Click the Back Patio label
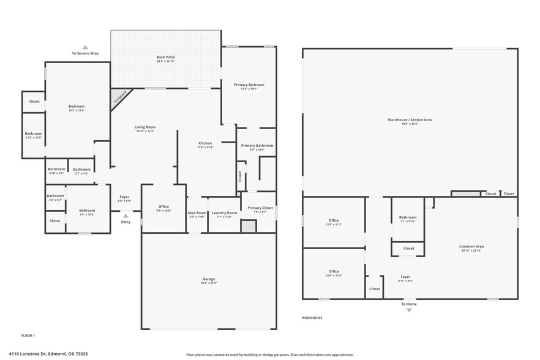[165, 58]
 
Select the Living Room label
[145, 127]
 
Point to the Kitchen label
[204, 143]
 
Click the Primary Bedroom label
[249, 85]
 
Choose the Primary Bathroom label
[256, 146]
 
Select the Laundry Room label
[224, 214]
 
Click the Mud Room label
[197, 214]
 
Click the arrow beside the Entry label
[126, 216]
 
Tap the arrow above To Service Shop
[85, 47]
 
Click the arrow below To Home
[409, 310]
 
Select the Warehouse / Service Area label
[410, 120]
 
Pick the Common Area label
[471, 247]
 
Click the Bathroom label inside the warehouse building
[408, 217]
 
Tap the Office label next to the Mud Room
[163, 207]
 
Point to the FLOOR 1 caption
[28, 336]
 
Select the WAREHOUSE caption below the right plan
[312, 318]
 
